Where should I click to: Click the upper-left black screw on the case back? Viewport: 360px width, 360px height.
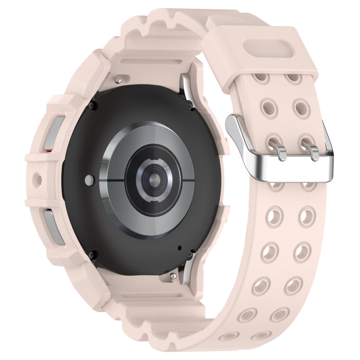94,105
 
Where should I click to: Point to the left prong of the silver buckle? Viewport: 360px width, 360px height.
278,146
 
